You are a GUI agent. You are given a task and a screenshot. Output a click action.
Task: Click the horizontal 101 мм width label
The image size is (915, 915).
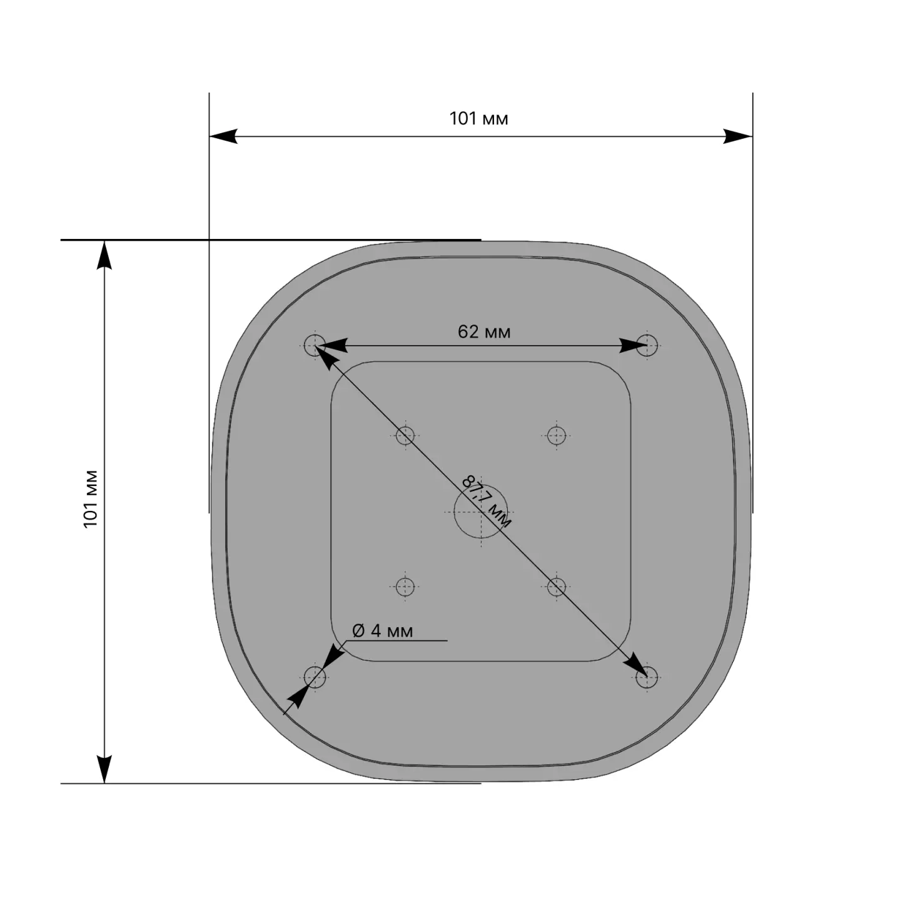[x=478, y=119]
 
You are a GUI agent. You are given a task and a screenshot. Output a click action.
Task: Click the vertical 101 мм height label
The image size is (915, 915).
[x=90, y=499]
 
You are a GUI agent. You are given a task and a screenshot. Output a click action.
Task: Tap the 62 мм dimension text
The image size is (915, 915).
[x=484, y=332]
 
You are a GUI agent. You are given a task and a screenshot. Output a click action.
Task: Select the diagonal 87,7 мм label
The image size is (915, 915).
[x=487, y=502]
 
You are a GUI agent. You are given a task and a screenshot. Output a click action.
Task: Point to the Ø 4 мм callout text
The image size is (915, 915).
[x=382, y=631]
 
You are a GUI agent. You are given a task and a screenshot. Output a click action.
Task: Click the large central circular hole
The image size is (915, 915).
[x=477, y=512]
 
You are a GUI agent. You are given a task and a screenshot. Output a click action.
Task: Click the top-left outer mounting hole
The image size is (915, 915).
[x=315, y=346]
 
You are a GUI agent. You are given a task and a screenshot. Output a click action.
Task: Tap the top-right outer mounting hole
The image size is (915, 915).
[x=647, y=346]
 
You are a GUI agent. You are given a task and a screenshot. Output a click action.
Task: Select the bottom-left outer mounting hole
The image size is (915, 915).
[x=315, y=677]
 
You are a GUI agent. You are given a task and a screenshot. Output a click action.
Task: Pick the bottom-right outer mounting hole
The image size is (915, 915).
[x=647, y=677]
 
